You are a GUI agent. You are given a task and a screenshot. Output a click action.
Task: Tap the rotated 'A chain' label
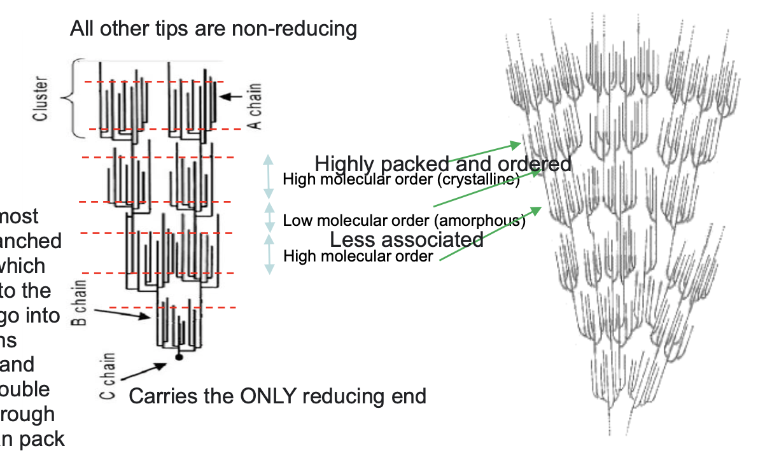tap(255, 107)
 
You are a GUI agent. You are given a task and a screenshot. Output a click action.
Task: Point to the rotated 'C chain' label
tap(108, 376)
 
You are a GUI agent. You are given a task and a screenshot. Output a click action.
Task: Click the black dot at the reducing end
tap(179, 358)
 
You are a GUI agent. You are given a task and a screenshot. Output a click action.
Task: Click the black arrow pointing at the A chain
tap(230, 97)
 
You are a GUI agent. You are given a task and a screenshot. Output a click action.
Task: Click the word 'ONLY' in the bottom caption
tap(269, 396)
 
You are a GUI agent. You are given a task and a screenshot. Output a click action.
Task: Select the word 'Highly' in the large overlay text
tap(347, 164)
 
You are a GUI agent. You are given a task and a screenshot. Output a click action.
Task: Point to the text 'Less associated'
tap(406, 240)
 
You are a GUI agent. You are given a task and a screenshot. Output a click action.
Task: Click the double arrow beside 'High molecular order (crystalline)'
tap(269, 178)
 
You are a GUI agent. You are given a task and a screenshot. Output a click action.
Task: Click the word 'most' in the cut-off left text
tap(20, 216)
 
